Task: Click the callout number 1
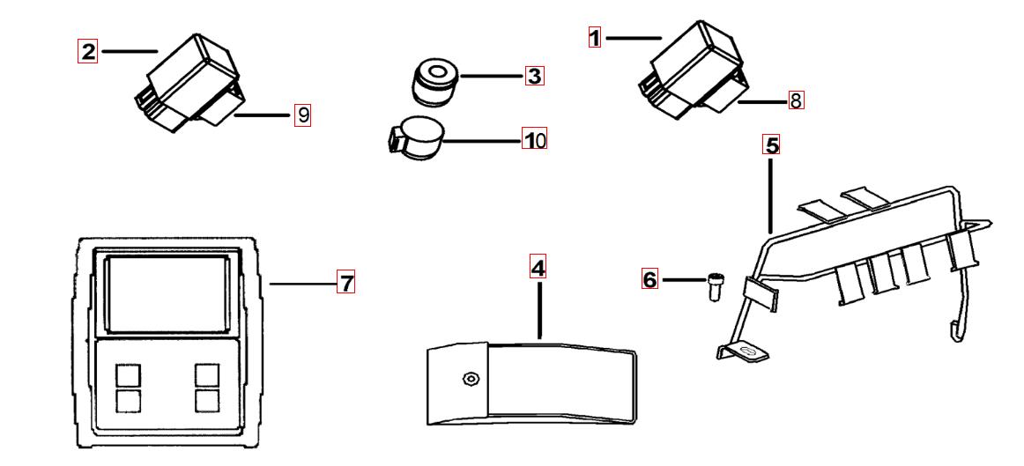(x=594, y=37)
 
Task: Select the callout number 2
(x=87, y=51)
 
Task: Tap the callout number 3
(x=534, y=77)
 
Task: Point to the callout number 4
(x=538, y=267)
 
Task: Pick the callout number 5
(x=772, y=145)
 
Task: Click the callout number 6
(x=649, y=280)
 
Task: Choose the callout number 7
(x=346, y=283)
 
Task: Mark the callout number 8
(x=796, y=101)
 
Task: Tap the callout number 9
(x=302, y=115)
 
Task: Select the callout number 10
(x=534, y=140)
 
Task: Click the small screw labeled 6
(x=713, y=287)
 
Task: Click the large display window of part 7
(x=166, y=293)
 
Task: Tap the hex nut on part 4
(x=470, y=378)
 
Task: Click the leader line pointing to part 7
(x=301, y=284)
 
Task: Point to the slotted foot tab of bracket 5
(x=745, y=351)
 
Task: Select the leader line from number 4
(x=539, y=309)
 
